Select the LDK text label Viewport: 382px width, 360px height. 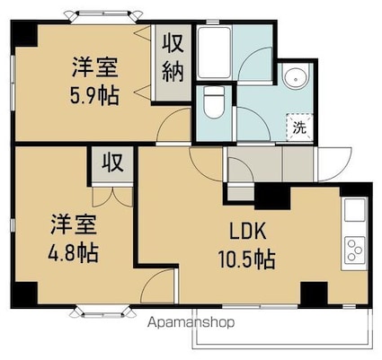(245, 230)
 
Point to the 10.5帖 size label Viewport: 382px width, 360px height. (245, 260)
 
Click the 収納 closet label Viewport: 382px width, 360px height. (173, 57)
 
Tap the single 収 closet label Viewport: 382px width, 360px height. (111, 163)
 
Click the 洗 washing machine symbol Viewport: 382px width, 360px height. (299, 127)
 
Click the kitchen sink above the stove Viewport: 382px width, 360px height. (353, 212)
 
